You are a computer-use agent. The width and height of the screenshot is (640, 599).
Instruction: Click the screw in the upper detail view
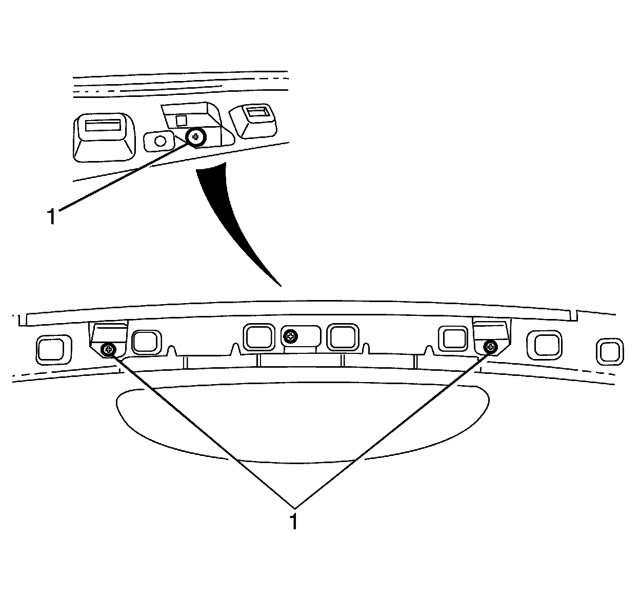click(x=195, y=136)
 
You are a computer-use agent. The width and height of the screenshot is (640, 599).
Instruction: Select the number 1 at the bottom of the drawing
click(x=293, y=520)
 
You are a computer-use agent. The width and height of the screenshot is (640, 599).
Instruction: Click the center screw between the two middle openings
click(x=291, y=336)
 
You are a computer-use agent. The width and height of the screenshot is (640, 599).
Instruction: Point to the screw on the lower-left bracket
click(x=108, y=350)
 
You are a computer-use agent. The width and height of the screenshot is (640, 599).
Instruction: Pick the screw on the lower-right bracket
click(x=491, y=347)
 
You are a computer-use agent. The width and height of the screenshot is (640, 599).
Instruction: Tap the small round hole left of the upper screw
click(x=160, y=140)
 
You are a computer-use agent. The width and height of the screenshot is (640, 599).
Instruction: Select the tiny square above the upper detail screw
click(x=181, y=120)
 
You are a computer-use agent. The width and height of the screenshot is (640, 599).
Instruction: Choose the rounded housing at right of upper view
click(x=253, y=122)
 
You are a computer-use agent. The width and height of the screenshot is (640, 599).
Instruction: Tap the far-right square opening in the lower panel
click(x=610, y=352)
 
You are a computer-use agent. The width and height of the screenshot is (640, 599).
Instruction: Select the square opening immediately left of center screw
click(x=260, y=336)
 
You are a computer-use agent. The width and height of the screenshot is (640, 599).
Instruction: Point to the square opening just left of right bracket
click(x=453, y=339)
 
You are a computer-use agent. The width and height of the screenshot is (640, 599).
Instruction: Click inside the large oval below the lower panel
click(x=303, y=421)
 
